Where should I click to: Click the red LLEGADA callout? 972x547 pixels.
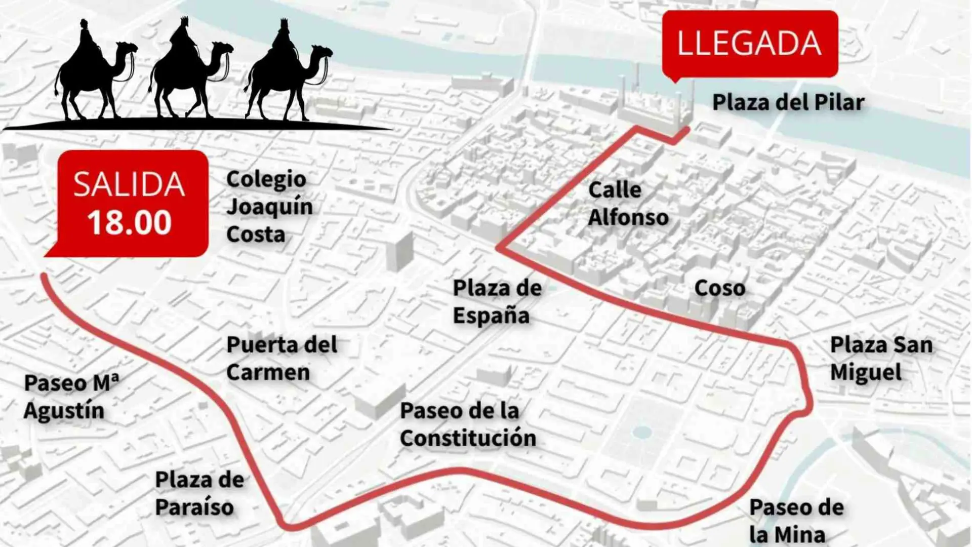click(750, 44)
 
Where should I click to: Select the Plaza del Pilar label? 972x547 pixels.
click(788, 102)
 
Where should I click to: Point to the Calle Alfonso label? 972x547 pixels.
click(628, 204)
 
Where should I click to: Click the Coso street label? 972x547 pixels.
click(719, 288)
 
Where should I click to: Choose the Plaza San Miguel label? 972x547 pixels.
click(881, 359)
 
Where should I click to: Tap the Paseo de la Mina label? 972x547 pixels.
click(796, 520)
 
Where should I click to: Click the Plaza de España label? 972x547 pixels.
click(497, 301)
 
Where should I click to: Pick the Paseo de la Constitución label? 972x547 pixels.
click(467, 424)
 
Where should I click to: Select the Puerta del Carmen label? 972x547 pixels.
click(281, 358)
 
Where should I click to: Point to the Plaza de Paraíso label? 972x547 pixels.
click(199, 493)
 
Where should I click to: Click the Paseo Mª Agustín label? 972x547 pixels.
click(71, 397)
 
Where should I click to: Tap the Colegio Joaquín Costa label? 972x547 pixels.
click(269, 207)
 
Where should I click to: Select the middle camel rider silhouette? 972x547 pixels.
click(190, 71)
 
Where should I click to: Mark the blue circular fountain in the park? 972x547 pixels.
click(642, 432)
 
